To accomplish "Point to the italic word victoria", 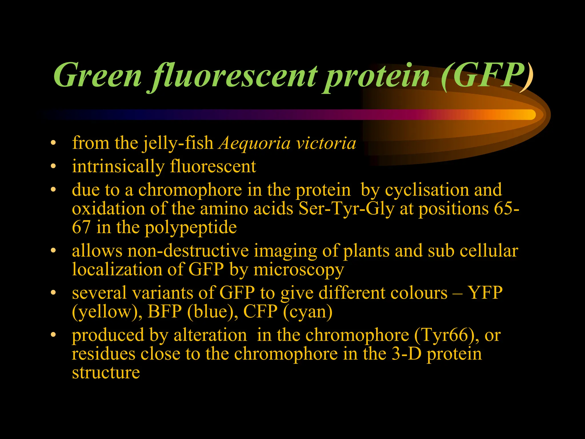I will coord(326,143).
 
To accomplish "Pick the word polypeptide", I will coord(191,228).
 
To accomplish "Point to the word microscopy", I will coord(298,270).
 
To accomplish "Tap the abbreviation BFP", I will coord(165,312).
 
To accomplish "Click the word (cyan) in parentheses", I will coord(308,312).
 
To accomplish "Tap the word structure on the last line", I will coord(106,373).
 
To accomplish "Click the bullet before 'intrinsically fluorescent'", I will coord(53,166).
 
